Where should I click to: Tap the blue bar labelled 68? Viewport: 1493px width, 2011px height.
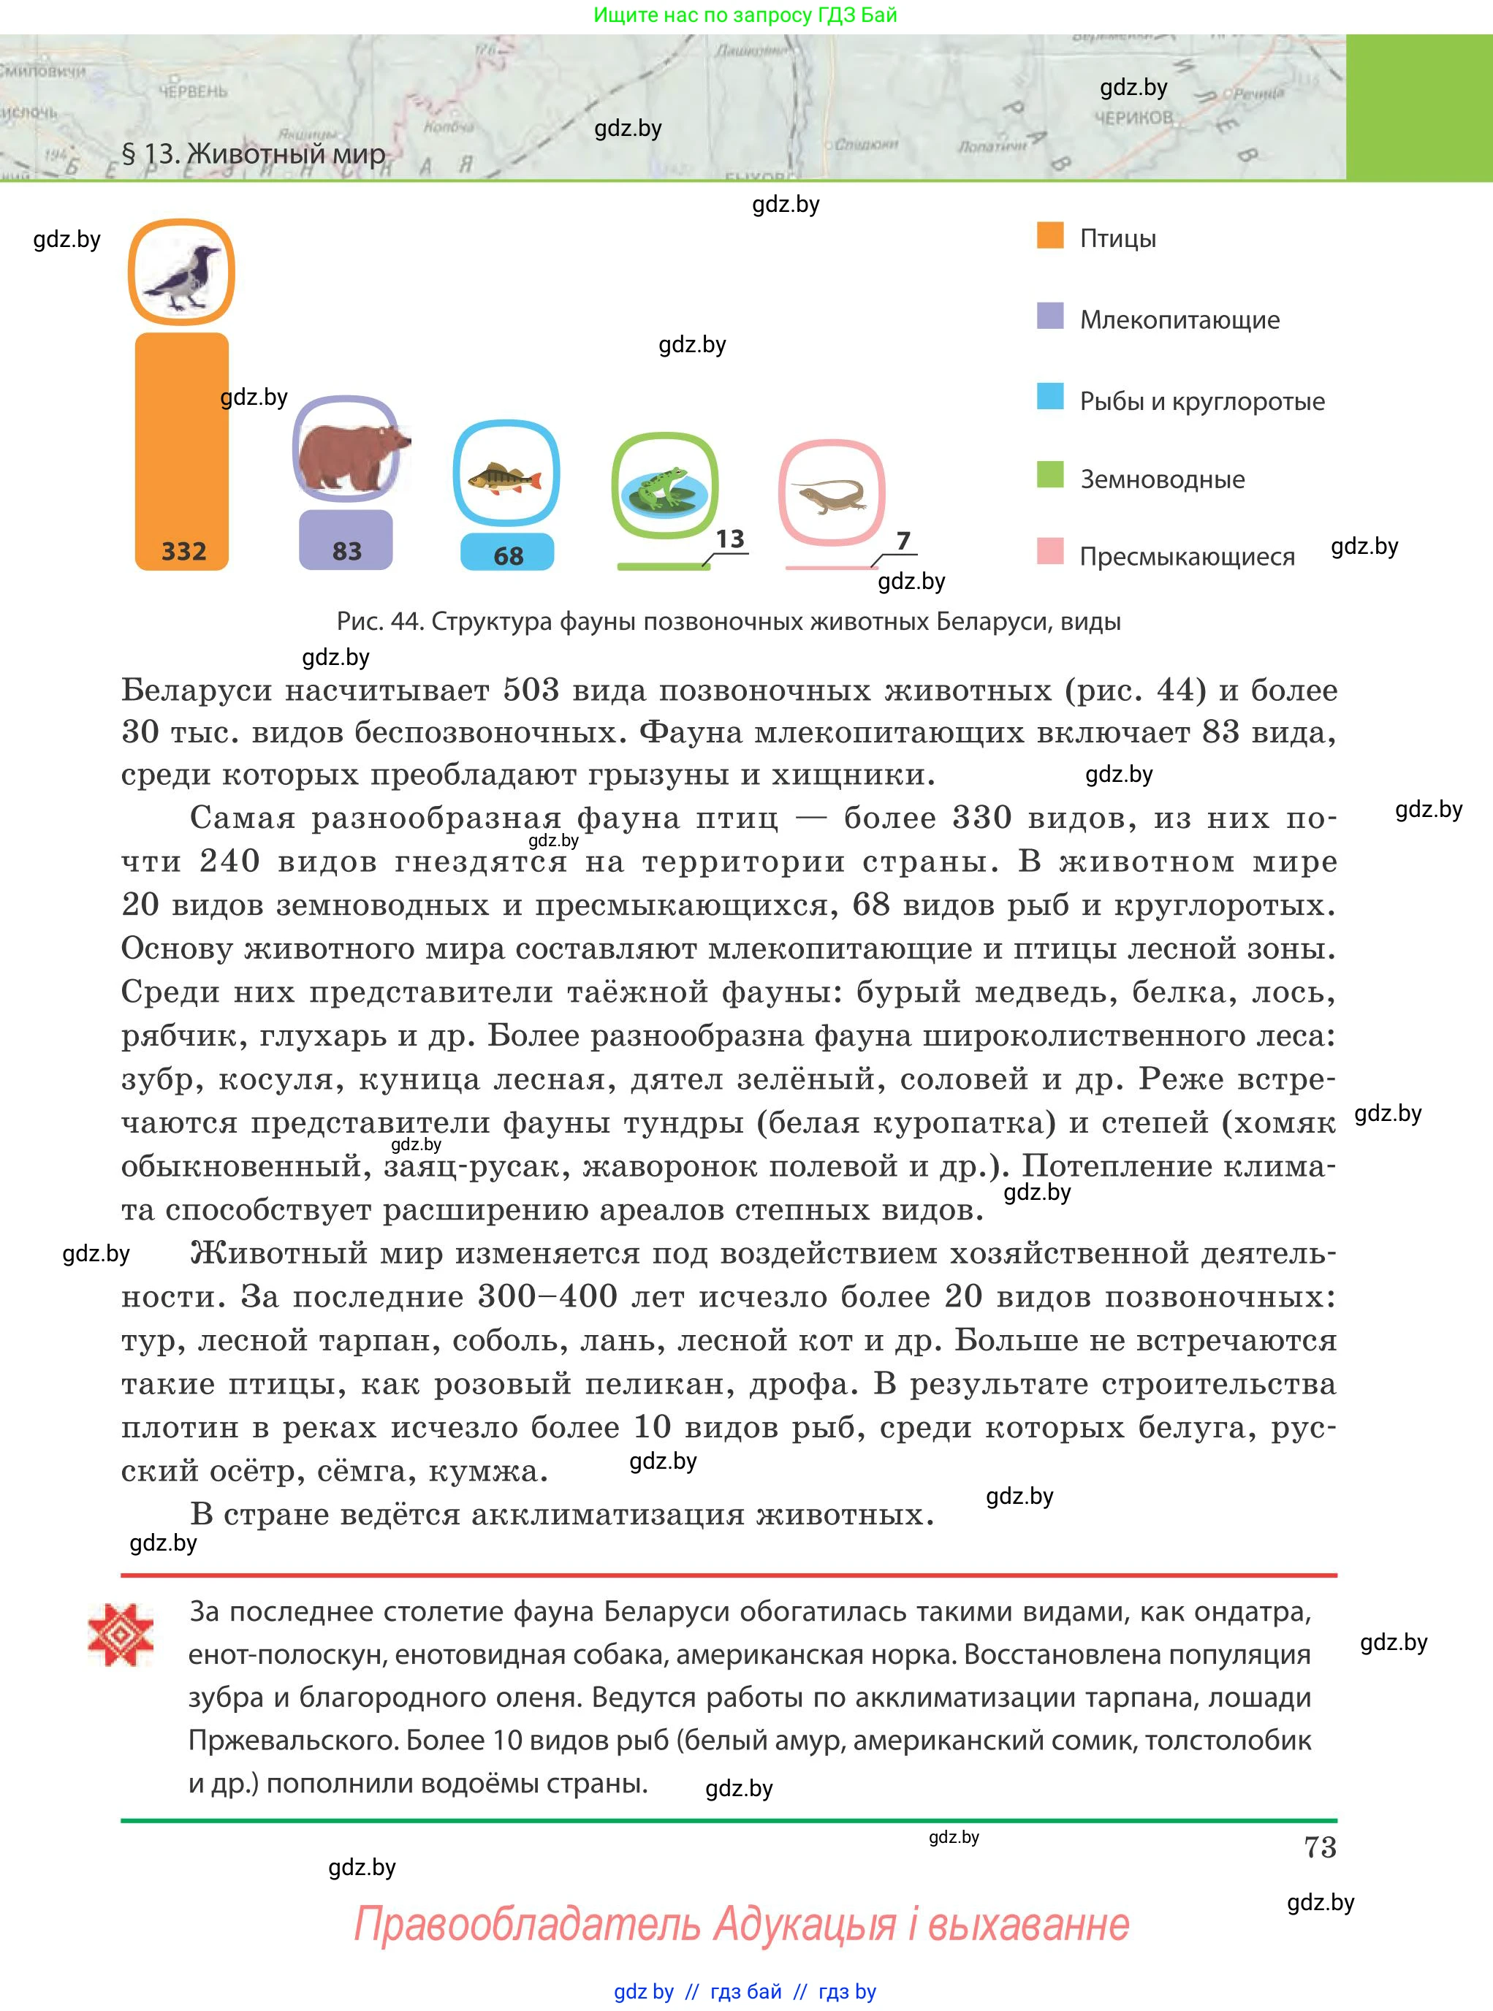[507, 552]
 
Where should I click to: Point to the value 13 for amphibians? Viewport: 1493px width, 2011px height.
[730, 539]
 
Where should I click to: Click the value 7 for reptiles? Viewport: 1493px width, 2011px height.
[903, 541]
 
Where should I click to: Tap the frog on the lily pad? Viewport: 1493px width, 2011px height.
[664, 486]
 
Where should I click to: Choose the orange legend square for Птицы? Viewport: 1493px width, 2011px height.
[1050, 235]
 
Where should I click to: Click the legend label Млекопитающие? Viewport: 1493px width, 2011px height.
[1179, 320]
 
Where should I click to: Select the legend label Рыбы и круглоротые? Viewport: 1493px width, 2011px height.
[1202, 401]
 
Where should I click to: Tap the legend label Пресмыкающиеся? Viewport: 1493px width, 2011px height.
[1187, 557]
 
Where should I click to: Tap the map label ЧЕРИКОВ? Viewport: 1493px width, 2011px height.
[1133, 118]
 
